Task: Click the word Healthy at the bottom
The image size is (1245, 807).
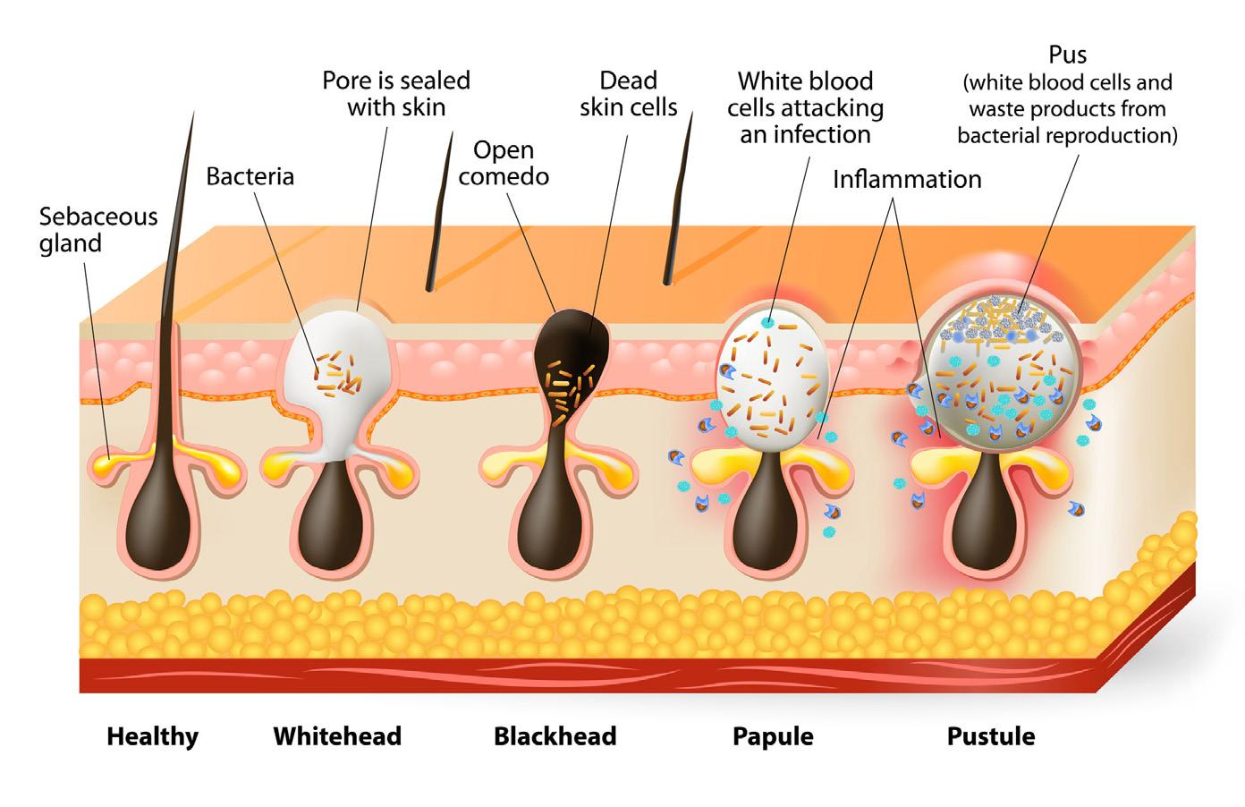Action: (x=152, y=736)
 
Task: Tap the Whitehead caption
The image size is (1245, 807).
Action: (x=337, y=736)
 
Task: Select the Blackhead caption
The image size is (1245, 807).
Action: (x=555, y=736)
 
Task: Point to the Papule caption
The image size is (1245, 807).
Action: (x=773, y=736)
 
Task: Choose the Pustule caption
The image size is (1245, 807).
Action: (x=991, y=736)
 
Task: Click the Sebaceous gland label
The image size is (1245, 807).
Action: (x=97, y=229)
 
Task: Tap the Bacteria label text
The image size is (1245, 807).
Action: (x=250, y=175)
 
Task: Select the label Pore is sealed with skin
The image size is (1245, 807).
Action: (x=396, y=93)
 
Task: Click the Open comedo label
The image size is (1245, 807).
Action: (x=504, y=162)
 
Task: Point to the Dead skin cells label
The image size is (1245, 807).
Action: (x=628, y=93)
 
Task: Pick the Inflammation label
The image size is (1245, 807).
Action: (x=907, y=179)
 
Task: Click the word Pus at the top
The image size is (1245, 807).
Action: (x=1067, y=55)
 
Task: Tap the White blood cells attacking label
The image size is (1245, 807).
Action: (x=805, y=107)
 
